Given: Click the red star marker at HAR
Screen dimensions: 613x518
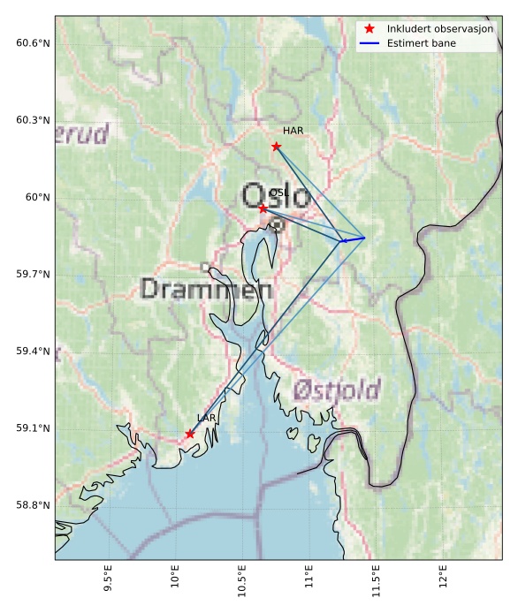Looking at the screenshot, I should coord(276,146).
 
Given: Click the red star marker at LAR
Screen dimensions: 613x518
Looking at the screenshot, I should coord(190,434).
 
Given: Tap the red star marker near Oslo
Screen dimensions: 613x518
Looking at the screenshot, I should coord(263,208).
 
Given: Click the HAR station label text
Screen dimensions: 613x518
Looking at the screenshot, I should coord(293,131).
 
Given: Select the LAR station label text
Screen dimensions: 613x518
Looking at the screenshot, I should coord(207,418).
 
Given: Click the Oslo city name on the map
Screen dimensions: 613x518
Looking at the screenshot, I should coord(276,196).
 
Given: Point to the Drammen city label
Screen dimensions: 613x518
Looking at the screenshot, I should coord(206,289).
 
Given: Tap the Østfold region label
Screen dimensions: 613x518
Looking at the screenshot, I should coord(337,390).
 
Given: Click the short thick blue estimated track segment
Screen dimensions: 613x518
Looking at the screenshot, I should coord(353,239).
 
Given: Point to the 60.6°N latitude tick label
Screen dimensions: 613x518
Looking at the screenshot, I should coord(33,43).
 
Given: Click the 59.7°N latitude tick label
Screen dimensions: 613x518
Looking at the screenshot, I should coord(33,275).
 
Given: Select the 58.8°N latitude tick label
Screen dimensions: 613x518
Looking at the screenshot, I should coord(33,505).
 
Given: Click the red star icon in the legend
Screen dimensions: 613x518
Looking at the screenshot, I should coord(370,29).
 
